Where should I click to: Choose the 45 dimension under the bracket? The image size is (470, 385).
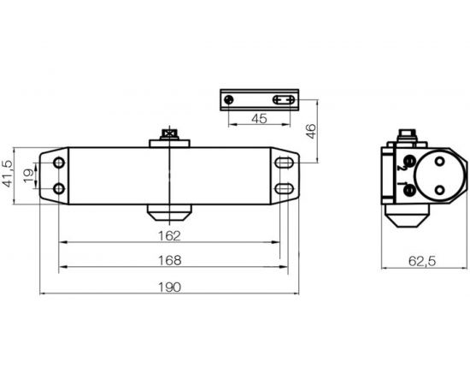[x=261, y=119]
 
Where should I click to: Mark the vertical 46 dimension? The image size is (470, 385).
[x=312, y=130]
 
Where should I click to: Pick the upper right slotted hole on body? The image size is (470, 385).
[x=282, y=162]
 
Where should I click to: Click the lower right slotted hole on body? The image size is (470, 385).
[x=282, y=187]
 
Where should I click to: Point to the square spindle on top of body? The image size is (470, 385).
[x=171, y=134]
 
